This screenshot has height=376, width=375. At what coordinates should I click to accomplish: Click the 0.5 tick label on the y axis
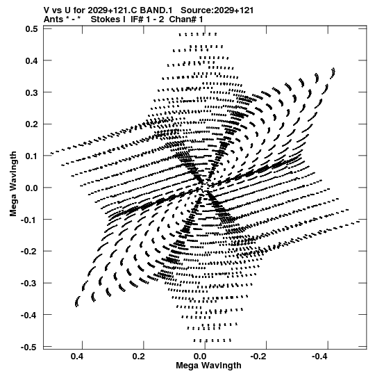point(32,29)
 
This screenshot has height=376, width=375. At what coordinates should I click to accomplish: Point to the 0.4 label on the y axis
point(32,60)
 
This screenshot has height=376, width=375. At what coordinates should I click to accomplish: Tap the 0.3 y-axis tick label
point(32,92)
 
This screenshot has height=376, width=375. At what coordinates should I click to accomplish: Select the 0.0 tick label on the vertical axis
point(32,188)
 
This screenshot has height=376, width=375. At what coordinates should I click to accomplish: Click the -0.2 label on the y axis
point(29,252)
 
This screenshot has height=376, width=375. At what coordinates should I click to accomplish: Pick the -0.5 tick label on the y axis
point(29,347)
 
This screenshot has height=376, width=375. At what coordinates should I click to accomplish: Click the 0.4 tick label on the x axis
point(77,357)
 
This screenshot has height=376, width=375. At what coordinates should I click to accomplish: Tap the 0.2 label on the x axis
point(138,357)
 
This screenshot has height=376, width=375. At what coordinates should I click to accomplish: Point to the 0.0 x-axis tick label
point(200,357)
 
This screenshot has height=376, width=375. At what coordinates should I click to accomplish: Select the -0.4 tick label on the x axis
point(320,357)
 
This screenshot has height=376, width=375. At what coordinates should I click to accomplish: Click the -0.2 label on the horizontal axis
point(259,357)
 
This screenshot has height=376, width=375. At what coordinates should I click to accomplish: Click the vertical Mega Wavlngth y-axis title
point(13,184)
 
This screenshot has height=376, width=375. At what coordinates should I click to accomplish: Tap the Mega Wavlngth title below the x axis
point(208,366)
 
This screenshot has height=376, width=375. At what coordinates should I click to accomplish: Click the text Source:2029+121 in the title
point(217,10)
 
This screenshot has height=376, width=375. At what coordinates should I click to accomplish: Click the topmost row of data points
point(198,34)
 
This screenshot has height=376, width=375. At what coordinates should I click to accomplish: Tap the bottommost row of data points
point(212,341)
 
